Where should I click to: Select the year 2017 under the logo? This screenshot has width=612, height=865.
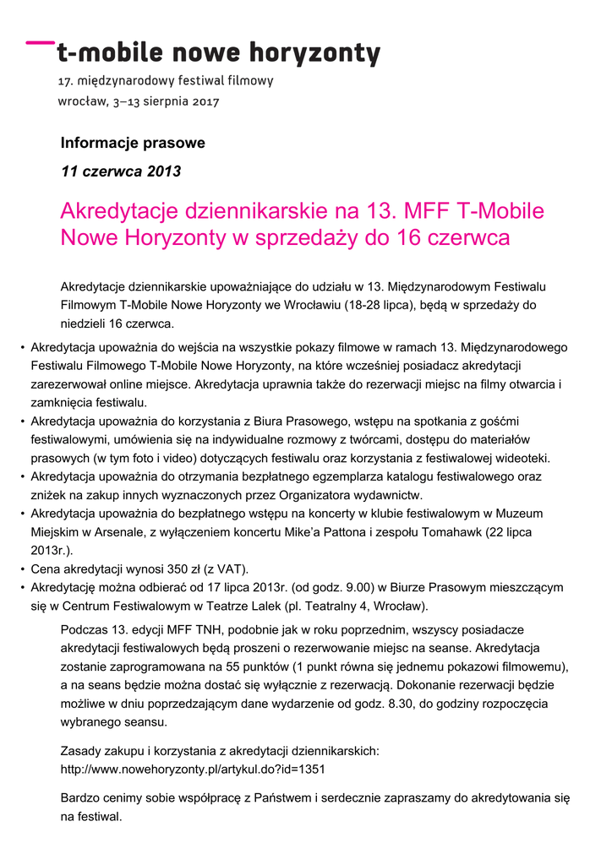point(205,102)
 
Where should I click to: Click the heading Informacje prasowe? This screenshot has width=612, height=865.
point(133,143)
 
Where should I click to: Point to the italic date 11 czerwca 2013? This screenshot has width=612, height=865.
point(121,171)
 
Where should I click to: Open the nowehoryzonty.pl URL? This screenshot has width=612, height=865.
point(193,770)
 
